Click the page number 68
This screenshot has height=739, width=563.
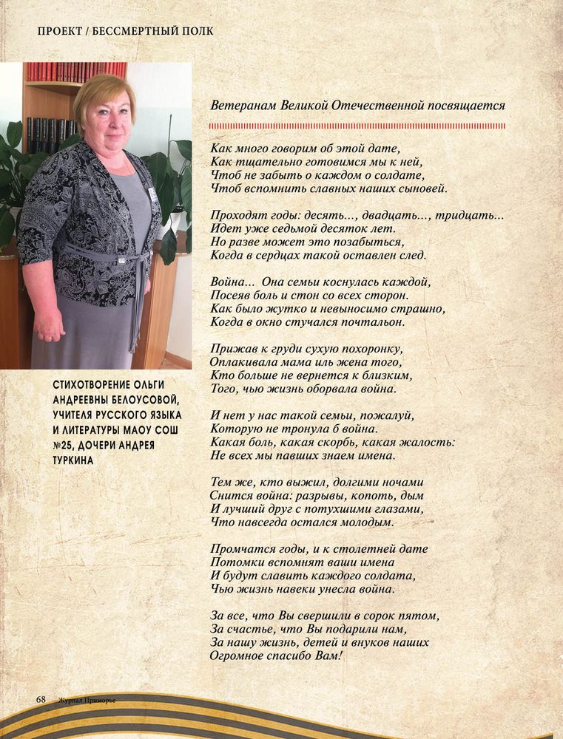pyautogui.click(x=41, y=698)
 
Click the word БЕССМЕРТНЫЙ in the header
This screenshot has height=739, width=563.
pyautogui.click(x=135, y=31)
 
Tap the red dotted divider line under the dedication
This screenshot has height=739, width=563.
pyautogui.click(x=358, y=126)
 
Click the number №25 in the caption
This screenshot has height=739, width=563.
pyautogui.click(x=67, y=445)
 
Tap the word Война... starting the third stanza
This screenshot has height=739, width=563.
pyautogui.click(x=232, y=282)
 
